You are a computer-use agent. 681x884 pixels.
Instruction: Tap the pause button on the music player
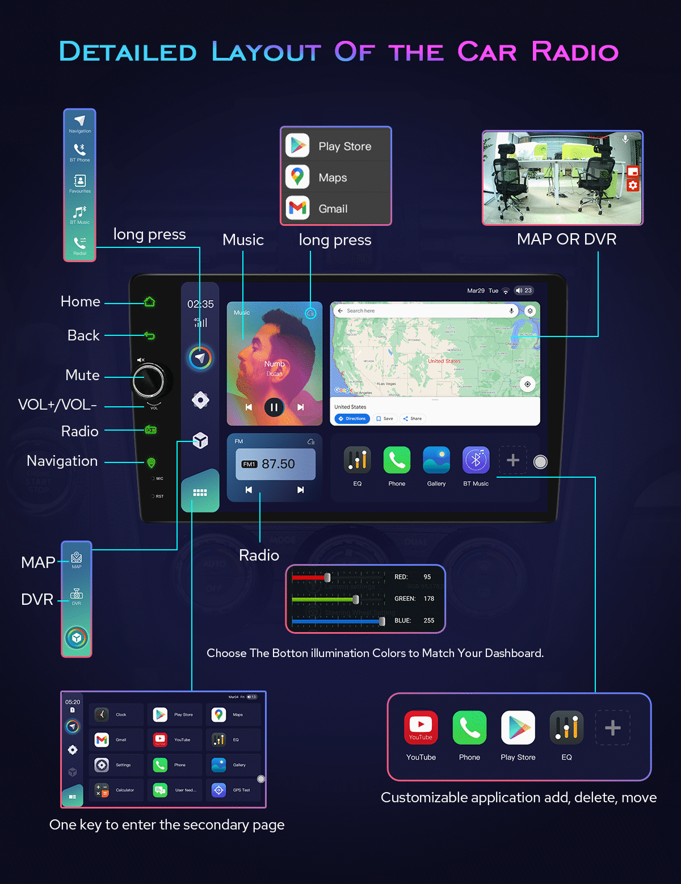click(274, 407)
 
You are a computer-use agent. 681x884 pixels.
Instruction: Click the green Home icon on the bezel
click(149, 302)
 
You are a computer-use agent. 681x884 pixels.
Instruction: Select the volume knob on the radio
click(148, 380)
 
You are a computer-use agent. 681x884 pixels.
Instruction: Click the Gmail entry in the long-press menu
click(333, 209)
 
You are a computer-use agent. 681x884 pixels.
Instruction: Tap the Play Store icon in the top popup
click(298, 146)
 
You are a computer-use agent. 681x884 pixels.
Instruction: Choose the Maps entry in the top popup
click(333, 178)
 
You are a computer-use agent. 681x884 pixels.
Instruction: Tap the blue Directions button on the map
click(352, 419)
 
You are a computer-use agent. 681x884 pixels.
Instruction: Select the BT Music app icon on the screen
click(476, 460)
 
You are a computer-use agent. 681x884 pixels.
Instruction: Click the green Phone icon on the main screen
click(397, 460)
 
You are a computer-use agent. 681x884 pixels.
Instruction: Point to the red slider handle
click(327, 578)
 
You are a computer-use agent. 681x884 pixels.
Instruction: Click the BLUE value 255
click(428, 621)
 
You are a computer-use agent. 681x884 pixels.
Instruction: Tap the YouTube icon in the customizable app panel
click(421, 727)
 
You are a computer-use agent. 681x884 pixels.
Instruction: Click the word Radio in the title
click(574, 52)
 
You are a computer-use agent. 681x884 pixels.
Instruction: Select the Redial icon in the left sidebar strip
click(79, 243)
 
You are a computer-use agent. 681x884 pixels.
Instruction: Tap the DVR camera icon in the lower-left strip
click(77, 594)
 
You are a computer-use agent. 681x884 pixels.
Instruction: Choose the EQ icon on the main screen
click(358, 460)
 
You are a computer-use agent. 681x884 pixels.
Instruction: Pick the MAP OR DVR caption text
click(566, 239)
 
